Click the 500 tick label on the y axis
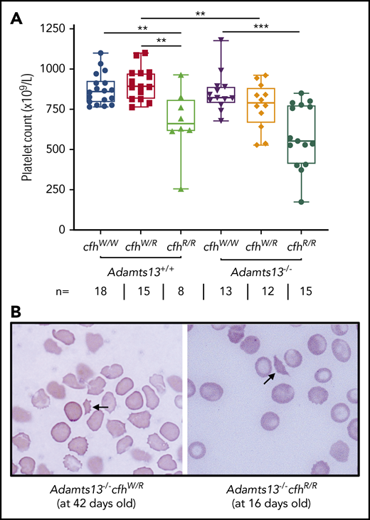(51, 149)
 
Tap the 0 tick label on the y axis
(59, 230)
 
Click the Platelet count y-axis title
(26, 129)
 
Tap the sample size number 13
(221, 291)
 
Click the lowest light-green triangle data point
(183, 189)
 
